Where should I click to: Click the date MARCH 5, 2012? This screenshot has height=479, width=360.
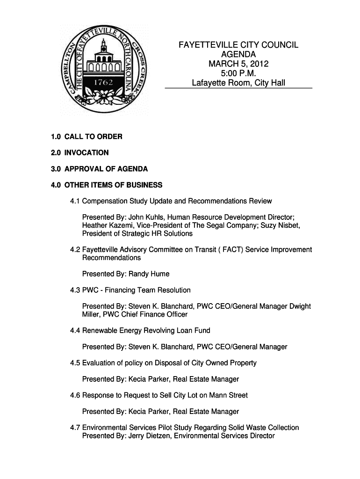coord(238,64)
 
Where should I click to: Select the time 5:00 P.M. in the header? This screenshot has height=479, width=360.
coord(238,74)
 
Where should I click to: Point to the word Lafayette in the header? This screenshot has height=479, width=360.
coord(209,84)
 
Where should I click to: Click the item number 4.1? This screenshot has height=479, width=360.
coord(75,201)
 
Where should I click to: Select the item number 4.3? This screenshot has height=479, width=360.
coord(75,290)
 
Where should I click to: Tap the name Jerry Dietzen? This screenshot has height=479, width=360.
coord(149,436)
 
